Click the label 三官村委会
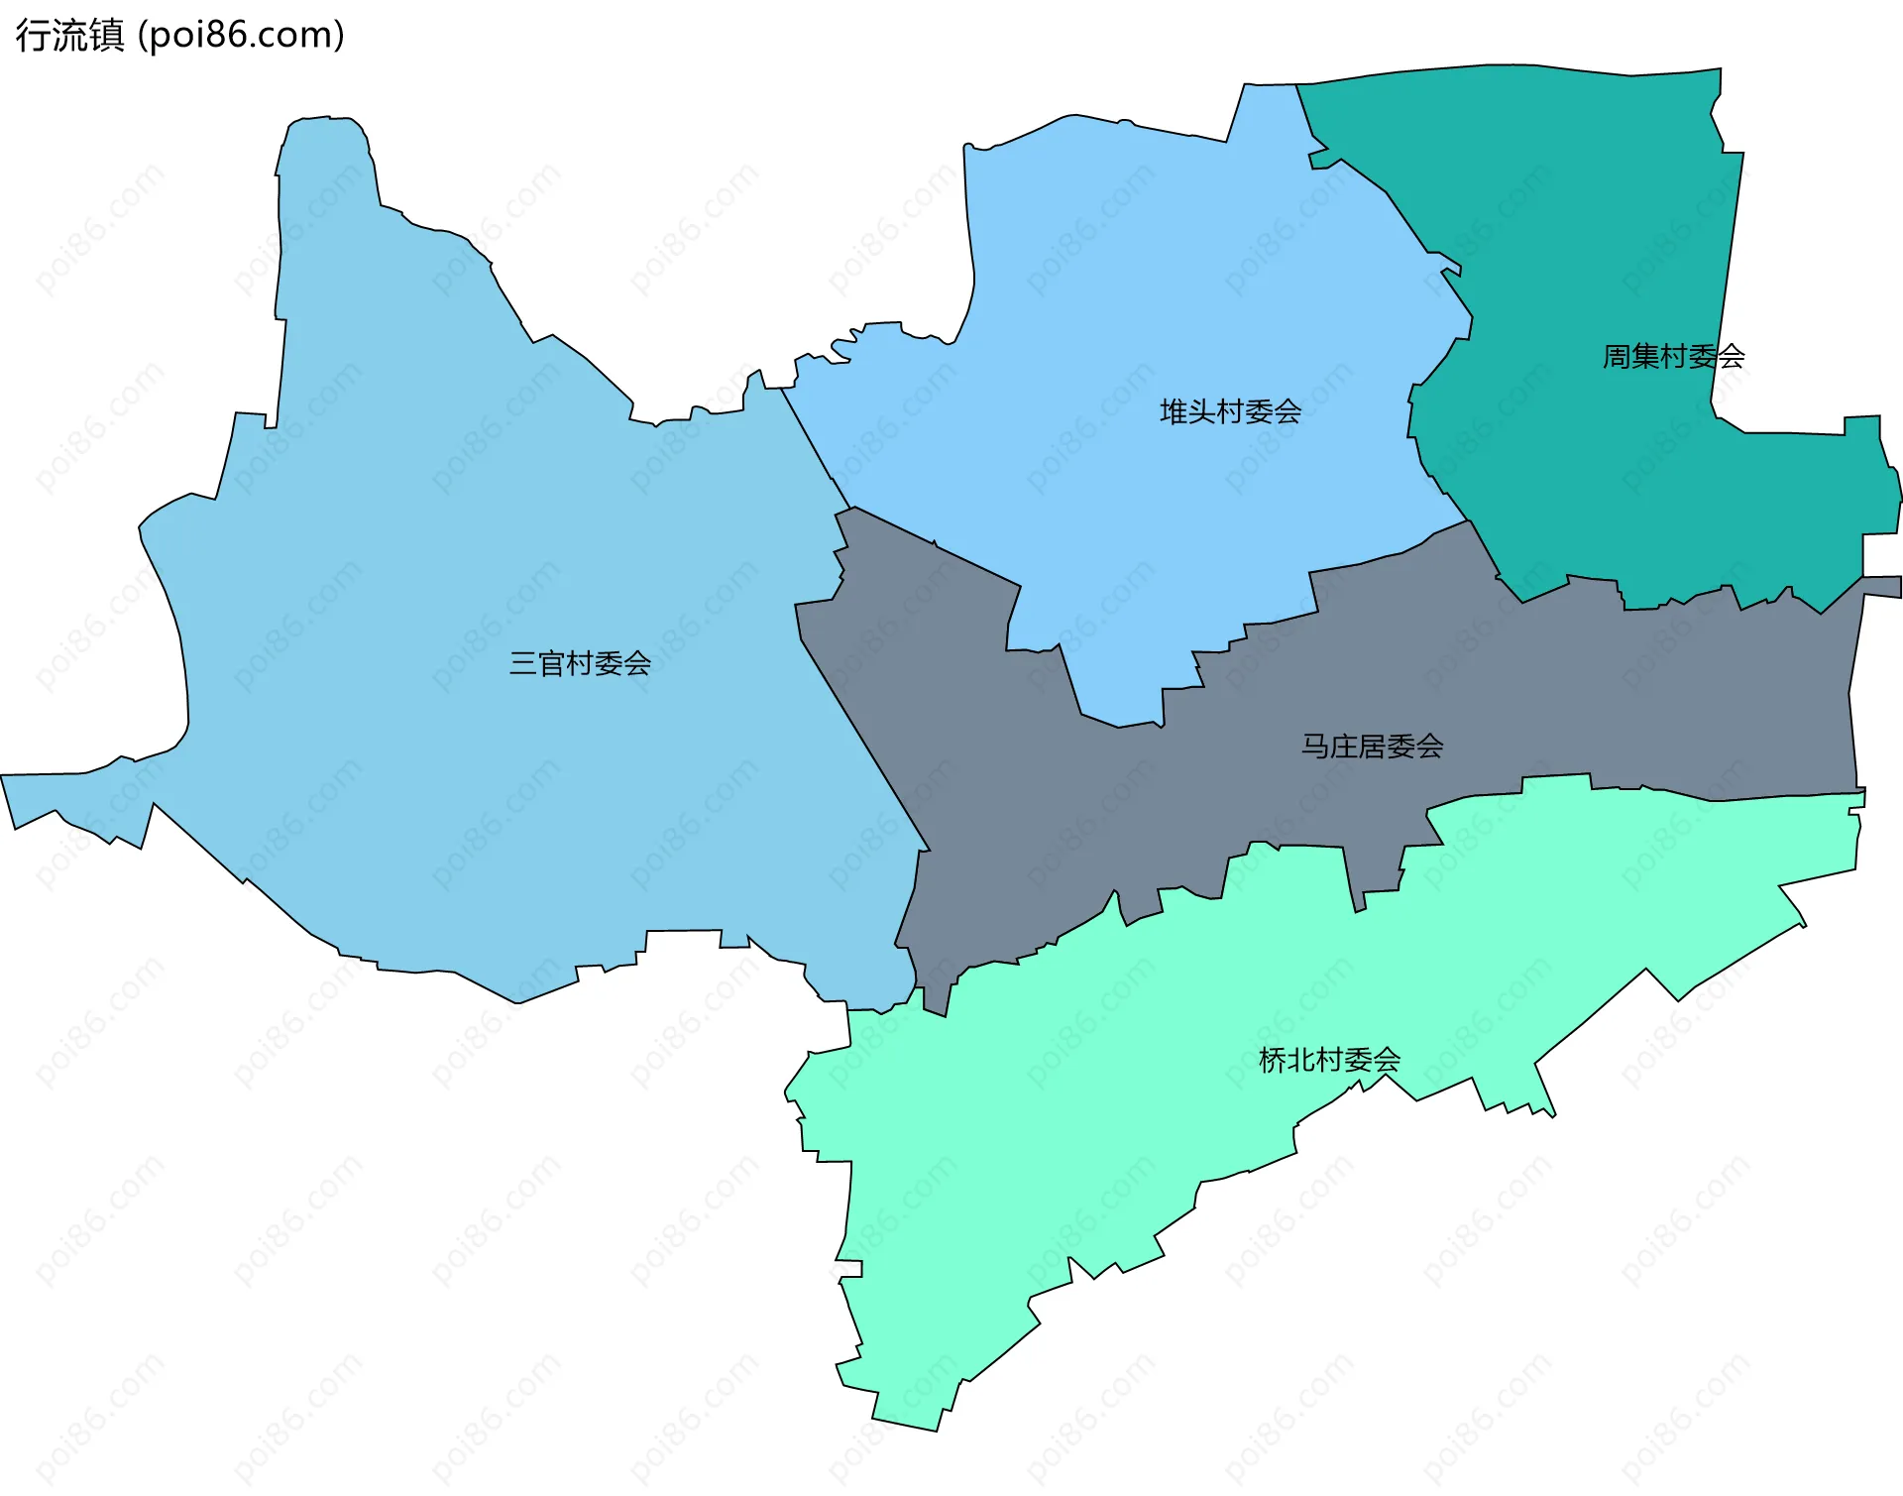(x=580, y=663)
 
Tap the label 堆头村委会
(x=1230, y=411)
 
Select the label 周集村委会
(x=1673, y=356)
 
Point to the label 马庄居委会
(x=1372, y=746)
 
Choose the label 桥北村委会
(x=1329, y=1060)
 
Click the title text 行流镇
(x=69, y=35)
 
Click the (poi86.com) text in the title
(x=241, y=35)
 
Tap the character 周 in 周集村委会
(x=1618, y=356)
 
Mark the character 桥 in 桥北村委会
(x=1273, y=1060)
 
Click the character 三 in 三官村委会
(x=523, y=663)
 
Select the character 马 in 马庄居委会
(x=1315, y=746)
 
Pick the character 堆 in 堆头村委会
(x=1175, y=411)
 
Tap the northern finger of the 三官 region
(x=325, y=159)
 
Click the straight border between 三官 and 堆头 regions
(x=815, y=446)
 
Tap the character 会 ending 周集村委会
(x=1731, y=356)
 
